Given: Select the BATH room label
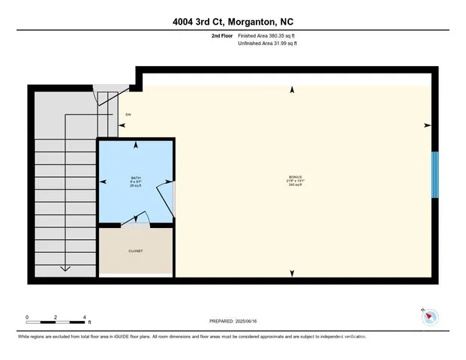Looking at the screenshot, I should coord(136,177).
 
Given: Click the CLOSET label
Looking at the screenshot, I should coord(136,251).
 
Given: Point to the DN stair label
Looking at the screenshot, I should coord(128,115).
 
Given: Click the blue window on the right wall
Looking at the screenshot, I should coord(434,175).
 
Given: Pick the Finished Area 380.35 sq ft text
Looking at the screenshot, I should coord(267,35).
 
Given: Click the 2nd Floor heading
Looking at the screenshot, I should coord(221,35).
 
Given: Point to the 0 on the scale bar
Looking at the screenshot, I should coord(26,316).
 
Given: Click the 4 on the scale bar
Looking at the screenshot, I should coord(86,316).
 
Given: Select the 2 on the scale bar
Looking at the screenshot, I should coord(56,316).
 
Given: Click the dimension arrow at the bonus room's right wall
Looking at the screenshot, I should coord(428,125).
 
